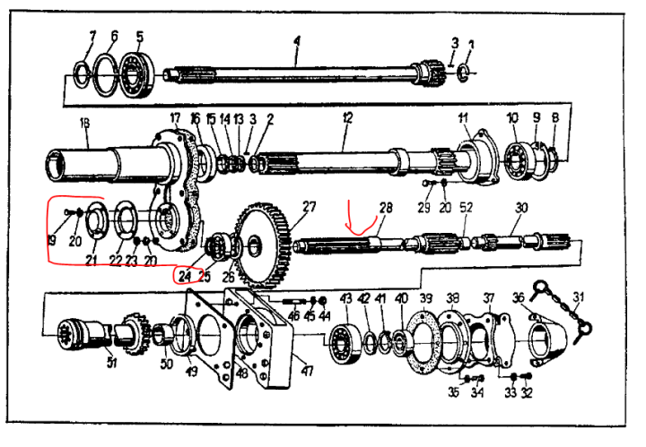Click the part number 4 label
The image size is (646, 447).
pos(297,39)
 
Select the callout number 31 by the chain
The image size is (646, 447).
pos(579,298)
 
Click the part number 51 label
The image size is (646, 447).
pos(112,362)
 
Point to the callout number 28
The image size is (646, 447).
pos(386,207)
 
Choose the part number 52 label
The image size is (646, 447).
pos(466,207)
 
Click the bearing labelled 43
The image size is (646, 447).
pos(345,342)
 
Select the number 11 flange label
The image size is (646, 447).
pos(464,117)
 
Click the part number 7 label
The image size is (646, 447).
pos(91,36)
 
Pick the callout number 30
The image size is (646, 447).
pos(521,207)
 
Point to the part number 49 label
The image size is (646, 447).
pos(191,371)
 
